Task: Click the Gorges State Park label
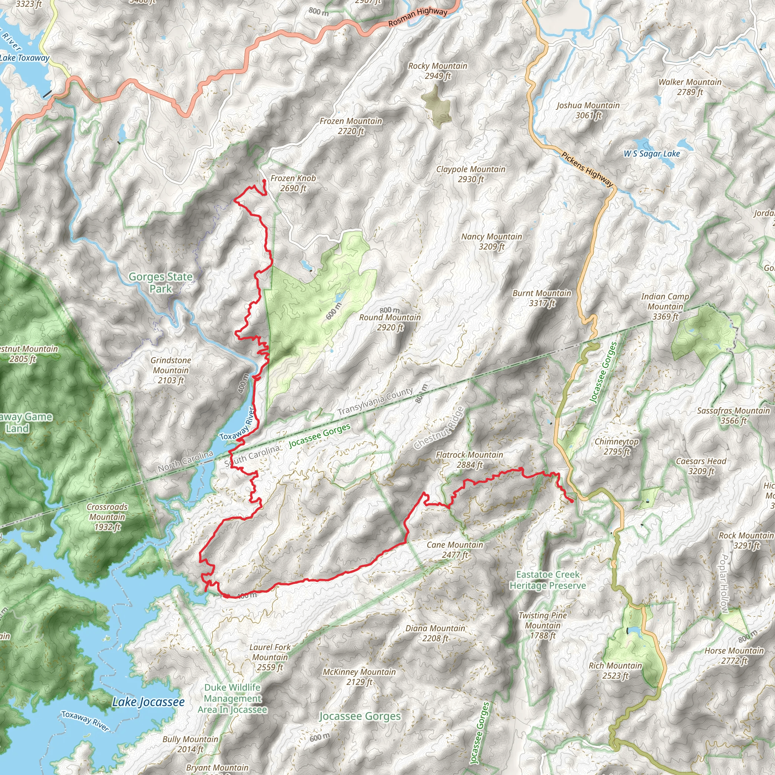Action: point(160,283)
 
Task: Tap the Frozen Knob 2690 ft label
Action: point(293,183)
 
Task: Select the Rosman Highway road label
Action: point(418,18)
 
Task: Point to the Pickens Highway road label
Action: point(587,170)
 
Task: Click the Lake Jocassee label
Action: point(148,702)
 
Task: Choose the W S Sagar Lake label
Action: point(652,154)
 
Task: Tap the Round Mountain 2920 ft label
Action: point(390,322)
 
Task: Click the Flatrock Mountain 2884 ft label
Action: point(469,460)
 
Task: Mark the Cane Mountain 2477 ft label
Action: point(455,549)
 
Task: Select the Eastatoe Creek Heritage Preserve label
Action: point(548,580)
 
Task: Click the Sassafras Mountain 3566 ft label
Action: point(733,416)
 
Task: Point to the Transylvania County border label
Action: point(375,402)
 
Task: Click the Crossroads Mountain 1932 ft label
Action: point(107,517)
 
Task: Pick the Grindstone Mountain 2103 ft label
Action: point(171,370)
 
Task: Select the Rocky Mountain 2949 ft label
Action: point(438,71)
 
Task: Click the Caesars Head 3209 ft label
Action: point(701,466)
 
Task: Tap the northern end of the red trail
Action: point(264,181)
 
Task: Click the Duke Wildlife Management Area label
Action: point(232,699)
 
